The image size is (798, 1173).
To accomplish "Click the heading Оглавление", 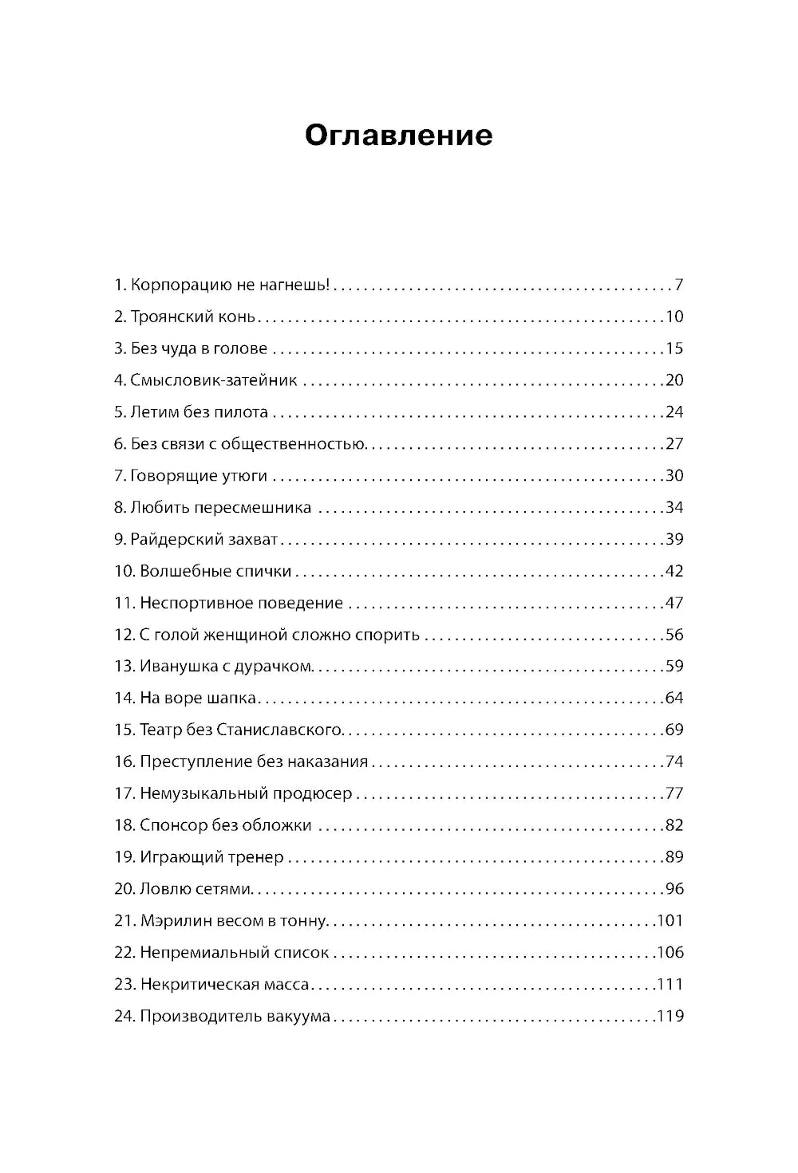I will pyautogui.click(x=398, y=136).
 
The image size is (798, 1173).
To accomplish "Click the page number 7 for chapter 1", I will pyautogui.click(x=679, y=285).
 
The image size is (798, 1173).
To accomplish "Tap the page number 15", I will pyautogui.click(x=674, y=348).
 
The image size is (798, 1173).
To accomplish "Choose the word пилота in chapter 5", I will pyautogui.click(x=242, y=412).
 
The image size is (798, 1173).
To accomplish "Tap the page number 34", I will pyautogui.click(x=674, y=508).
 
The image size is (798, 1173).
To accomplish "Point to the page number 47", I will pyautogui.click(x=674, y=603).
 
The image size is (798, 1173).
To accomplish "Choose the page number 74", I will pyautogui.click(x=674, y=762).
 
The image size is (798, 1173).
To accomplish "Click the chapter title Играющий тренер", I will pyautogui.click(x=211, y=858).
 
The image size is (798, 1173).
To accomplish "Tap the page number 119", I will pyautogui.click(x=670, y=1017).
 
